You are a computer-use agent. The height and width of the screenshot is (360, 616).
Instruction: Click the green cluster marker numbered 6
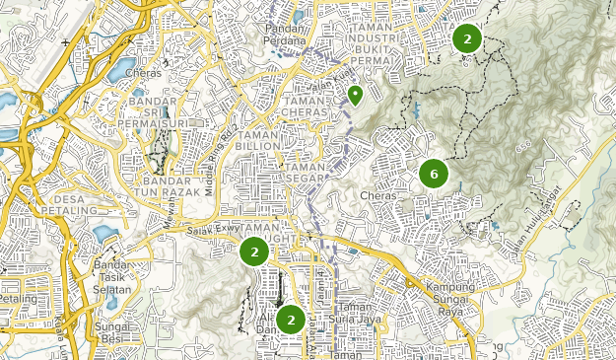(x=434, y=174)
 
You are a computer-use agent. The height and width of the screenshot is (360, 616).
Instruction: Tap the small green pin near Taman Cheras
(x=355, y=95)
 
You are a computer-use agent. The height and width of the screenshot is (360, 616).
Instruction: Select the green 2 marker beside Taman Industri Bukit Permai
(x=466, y=38)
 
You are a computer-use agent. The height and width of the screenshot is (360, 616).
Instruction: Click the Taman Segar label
(x=306, y=173)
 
